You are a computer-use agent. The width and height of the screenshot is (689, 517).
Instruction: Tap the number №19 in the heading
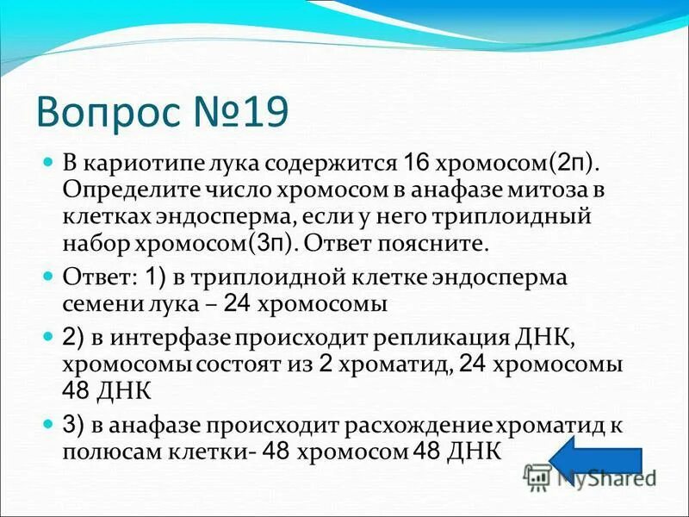coord(244,112)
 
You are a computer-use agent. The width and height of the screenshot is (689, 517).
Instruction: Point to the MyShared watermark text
coord(603,475)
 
